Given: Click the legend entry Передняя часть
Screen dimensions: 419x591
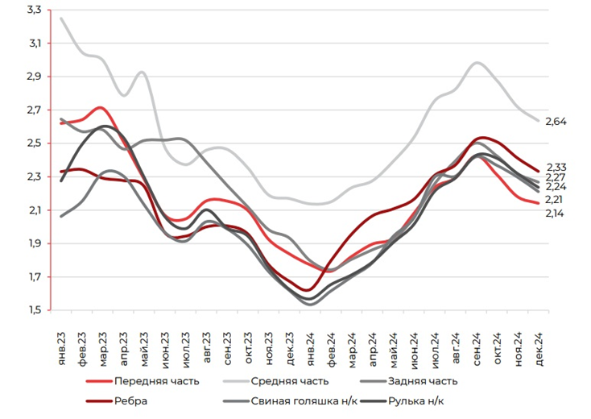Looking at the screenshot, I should point(156,381).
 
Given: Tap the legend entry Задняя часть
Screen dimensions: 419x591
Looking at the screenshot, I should point(422,381).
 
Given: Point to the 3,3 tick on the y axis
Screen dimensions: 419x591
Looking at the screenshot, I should point(35,10).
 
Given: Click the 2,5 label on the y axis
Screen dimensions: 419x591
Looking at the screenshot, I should point(35,143).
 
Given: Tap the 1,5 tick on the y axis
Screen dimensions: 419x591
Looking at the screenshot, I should point(35,310).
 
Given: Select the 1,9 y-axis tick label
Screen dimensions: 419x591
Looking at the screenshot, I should point(35,243).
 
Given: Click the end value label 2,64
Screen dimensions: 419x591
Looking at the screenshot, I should point(556,122).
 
